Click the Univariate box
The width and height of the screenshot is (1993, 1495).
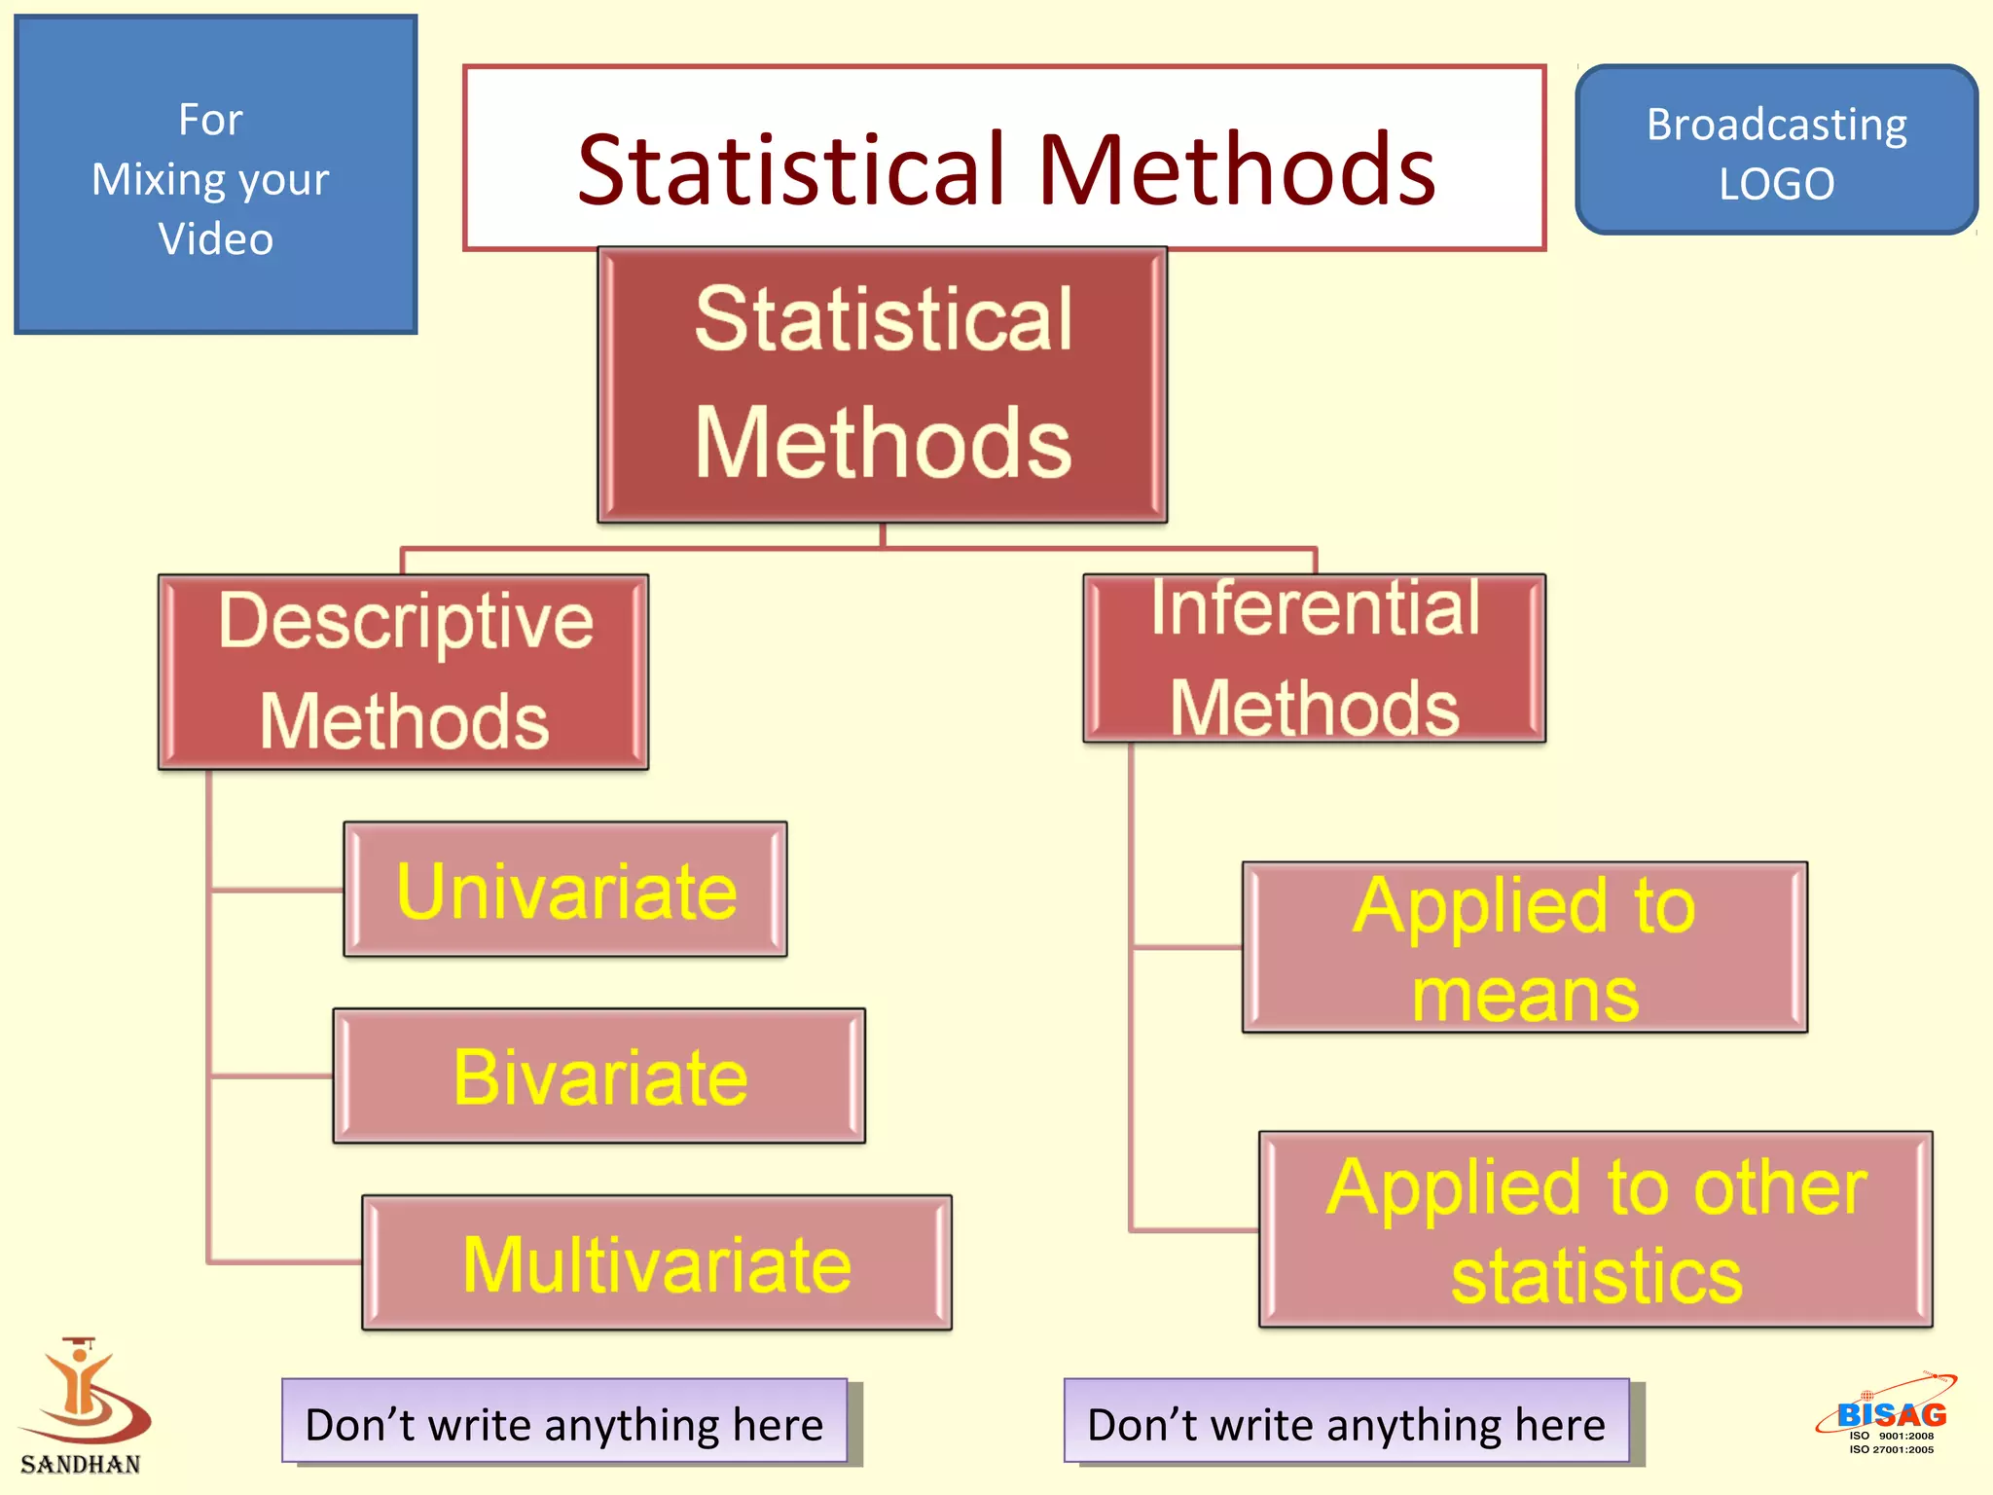click(x=565, y=890)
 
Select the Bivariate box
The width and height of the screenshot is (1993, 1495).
click(x=598, y=1076)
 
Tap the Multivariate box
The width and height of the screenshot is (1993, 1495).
click(x=657, y=1262)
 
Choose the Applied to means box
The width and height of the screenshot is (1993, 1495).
click(x=1524, y=947)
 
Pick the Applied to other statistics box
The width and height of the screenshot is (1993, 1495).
click(x=1595, y=1229)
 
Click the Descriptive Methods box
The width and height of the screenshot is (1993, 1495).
click(x=403, y=672)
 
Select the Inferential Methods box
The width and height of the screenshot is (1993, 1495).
click(x=1314, y=658)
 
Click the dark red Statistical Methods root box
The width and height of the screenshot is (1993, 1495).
click(x=882, y=384)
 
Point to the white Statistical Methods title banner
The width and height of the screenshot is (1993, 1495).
click(x=1004, y=158)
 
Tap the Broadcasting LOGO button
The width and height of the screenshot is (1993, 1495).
click(x=1776, y=151)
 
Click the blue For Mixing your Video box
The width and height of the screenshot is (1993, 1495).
click(x=215, y=175)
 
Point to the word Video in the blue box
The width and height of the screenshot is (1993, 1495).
click(x=215, y=239)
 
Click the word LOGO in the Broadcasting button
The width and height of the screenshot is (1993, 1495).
click(x=1776, y=184)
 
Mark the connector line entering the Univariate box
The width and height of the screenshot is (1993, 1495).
click(x=277, y=890)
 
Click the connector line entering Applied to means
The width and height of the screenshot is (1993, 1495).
click(x=1187, y=946)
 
